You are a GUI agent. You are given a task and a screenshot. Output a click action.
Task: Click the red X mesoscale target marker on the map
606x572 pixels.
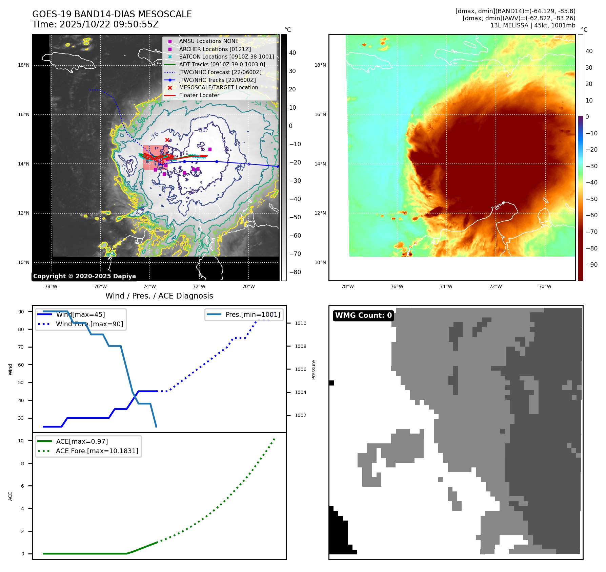[x=167, y=140]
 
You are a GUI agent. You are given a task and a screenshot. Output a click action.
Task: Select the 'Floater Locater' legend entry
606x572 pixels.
[x=199, y=95]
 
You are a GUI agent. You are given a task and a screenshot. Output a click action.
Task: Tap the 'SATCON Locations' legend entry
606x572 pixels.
[x=226, y=57]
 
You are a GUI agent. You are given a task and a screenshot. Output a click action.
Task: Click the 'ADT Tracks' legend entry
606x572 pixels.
[x=222, y=64]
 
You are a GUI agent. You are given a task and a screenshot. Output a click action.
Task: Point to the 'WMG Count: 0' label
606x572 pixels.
[x=363, y=315]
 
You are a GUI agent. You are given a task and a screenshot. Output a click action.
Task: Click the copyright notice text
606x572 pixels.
[x=84, y=276]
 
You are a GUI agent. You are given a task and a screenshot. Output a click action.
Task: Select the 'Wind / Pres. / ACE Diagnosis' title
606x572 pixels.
[x=159, y=296]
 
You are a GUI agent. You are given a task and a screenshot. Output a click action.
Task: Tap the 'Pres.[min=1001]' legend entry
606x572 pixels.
[x=252, y=314]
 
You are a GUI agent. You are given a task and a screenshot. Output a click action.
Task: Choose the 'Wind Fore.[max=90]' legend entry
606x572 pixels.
[x=89, y=324]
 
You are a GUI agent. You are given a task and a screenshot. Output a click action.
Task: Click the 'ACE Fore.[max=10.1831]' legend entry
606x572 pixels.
[x=97, y=451]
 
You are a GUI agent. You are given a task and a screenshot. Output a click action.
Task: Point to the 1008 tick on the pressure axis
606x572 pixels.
[x=300, y=346]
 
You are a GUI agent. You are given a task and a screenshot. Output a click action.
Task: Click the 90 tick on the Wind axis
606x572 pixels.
[x=21, y=312]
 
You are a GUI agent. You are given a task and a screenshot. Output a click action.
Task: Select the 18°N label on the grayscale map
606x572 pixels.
[x=24, y=65]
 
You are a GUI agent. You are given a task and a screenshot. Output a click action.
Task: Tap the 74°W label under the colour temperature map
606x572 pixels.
[x=446, y=286]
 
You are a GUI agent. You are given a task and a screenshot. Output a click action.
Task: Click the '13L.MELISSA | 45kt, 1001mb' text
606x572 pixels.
[x=532, y=25]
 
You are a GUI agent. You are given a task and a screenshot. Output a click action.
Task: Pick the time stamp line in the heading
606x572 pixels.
[x=96, y=24]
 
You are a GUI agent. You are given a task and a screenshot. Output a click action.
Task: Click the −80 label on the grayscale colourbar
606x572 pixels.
[x=295, y=272]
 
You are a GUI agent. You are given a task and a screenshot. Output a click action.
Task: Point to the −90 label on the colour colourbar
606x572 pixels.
[x=591, y=265]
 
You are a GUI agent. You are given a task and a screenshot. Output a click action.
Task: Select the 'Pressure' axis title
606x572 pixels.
[x=314, y=370]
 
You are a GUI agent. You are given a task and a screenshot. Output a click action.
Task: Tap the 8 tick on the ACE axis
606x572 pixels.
[x=23, y=463]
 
